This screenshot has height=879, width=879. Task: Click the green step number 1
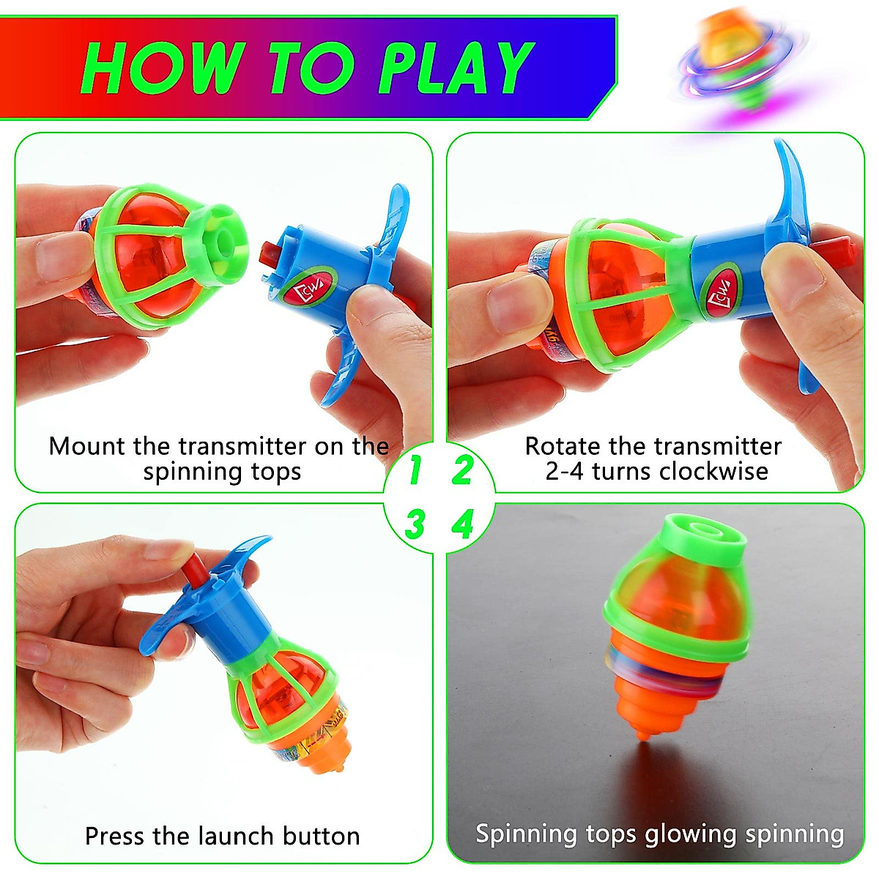(x=415, y=470)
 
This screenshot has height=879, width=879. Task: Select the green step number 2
(x=462, y=470)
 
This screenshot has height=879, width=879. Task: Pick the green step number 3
(x=415, y=524)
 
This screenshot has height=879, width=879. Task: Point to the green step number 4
(x=462, y=524)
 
